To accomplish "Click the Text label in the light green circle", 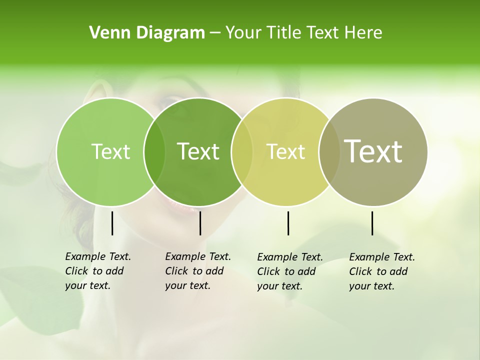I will [110, 151].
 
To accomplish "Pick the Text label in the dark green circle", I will [198, 151].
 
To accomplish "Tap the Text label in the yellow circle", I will [285, 151].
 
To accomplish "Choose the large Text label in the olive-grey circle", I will [373, 151].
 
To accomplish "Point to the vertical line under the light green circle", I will [112, 223].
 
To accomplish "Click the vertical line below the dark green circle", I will [200, 223].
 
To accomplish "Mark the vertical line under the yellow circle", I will [288, 223].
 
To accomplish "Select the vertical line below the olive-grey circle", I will [372, 223].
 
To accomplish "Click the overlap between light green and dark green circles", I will [154, 152].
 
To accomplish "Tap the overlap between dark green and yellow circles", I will [242, 152].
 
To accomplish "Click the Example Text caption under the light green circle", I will [98, 271].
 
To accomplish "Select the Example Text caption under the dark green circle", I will [198, 271].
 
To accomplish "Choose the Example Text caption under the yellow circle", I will [290, 271].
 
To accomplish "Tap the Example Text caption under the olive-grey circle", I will [382, 271].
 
